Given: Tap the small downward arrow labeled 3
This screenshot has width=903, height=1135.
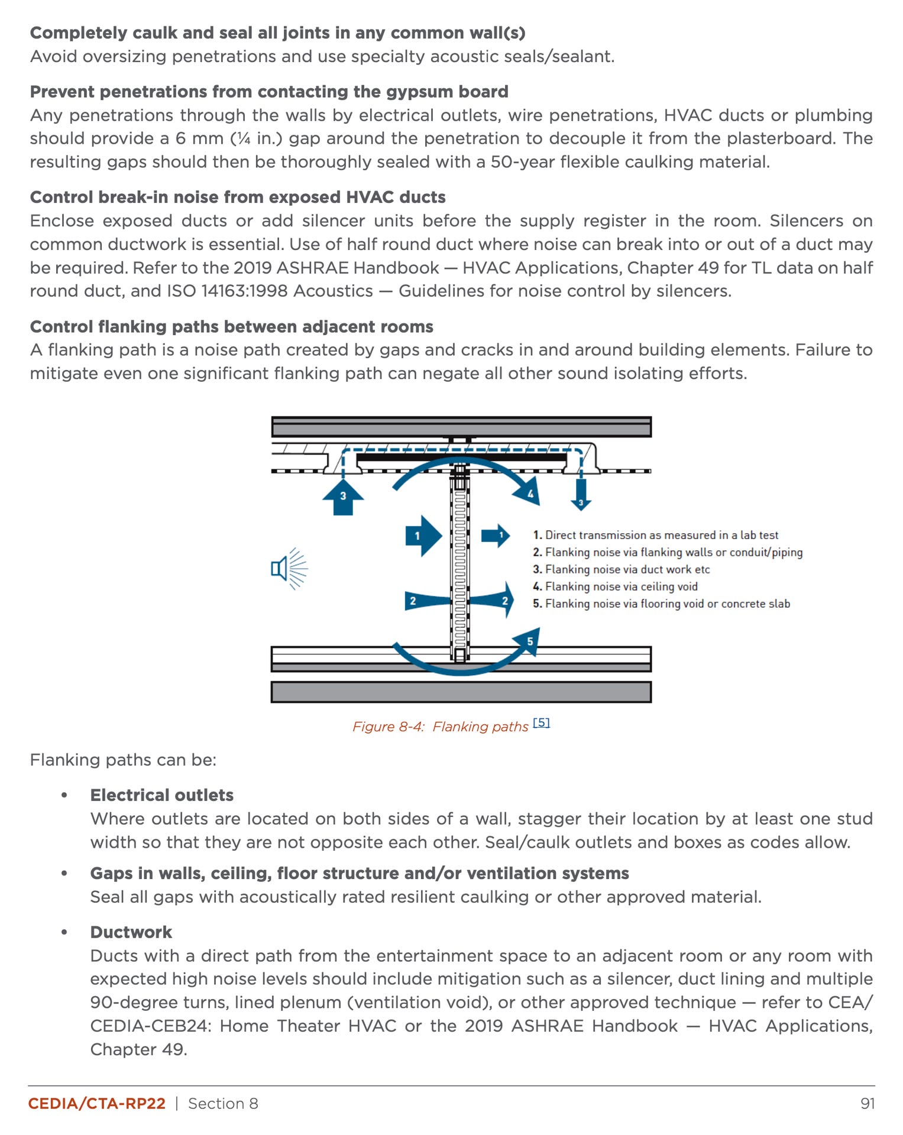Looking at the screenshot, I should (x=581, y=495).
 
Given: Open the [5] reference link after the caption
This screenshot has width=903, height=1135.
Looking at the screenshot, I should (x=541, y=722).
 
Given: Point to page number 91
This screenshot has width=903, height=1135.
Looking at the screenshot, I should (x=868, y=1104).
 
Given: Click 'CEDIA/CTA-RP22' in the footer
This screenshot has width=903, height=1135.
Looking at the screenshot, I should (x=97, y=1104).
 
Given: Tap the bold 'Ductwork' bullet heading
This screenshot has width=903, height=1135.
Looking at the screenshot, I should (x=131, y=932).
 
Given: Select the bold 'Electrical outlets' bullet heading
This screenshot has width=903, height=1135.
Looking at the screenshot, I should (x=161, y=795).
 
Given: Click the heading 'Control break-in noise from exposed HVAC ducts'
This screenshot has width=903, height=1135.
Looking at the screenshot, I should (x=238, y=197).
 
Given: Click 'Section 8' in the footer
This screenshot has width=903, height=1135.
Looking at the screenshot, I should (x=223, y=1104).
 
